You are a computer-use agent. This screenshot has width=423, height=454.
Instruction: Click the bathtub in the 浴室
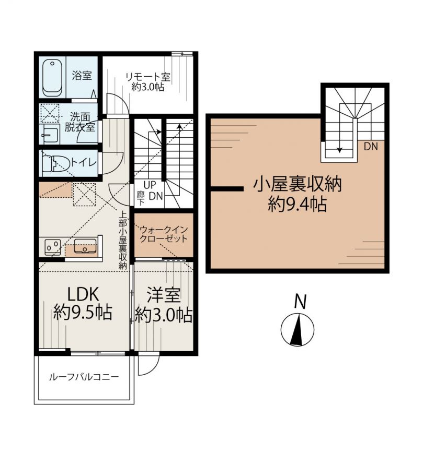[x=52, y=78]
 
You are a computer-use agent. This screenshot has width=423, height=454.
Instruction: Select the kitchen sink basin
[x=85, y=246]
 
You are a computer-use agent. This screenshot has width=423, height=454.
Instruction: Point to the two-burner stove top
[x=52, y=247]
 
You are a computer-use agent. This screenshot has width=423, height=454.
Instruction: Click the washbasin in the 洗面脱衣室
[x=50, y=135]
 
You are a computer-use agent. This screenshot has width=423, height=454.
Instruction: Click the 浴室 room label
[x=82, y=76]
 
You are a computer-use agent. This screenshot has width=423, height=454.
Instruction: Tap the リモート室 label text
[x=147, y=77]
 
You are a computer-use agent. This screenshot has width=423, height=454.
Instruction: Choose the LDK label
[x=83, y=294]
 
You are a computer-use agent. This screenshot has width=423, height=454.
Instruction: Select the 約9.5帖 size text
[x=83, y=313]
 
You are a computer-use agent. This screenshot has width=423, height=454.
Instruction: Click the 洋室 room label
[x=164, y=295]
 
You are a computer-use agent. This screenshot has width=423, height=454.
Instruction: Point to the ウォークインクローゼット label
[x=164, y=234]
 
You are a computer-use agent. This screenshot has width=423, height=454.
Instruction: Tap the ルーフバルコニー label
[x=84, y=377]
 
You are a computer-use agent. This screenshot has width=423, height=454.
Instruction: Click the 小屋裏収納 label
[x=298, y=184]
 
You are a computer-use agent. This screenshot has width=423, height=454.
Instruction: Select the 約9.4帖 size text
[x=298, y=204]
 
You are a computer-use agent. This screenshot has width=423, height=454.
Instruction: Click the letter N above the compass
[x=300, y=302]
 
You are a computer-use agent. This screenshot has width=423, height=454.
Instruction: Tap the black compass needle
[x=297, y=330]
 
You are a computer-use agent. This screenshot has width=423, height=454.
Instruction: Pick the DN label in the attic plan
[x=371, y=147]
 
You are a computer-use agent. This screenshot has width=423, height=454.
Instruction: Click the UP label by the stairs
[x=150, y=185]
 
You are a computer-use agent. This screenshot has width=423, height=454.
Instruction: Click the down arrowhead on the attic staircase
[x=339, y=150]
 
